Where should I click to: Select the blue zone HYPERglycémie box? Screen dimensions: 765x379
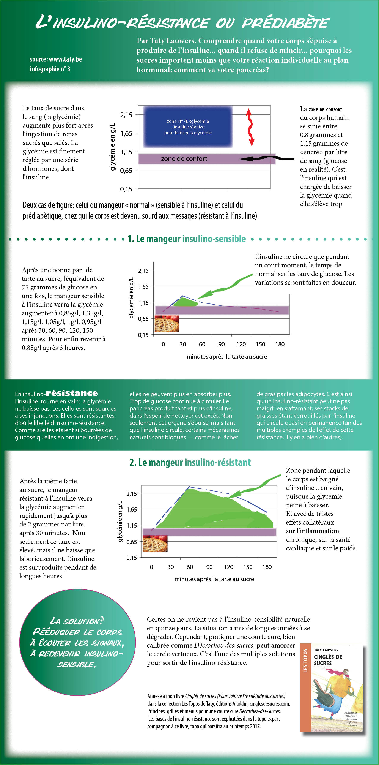click(188, 127)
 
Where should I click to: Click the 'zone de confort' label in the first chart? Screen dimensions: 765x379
click(184, 159)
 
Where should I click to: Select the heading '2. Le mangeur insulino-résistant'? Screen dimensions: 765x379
click(190, 462)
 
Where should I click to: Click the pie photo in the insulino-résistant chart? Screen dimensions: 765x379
click(155, 544)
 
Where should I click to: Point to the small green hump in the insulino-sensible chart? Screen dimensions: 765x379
click(186, 302)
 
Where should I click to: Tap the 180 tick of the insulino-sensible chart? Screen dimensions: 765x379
click(280, 344)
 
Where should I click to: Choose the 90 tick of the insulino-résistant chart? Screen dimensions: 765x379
click(209, 567)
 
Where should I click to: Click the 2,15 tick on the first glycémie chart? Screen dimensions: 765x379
click(126, 115)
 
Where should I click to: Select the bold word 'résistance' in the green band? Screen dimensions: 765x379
click(72, 393)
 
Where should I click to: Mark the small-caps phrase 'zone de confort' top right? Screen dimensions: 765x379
click(325, 110)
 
